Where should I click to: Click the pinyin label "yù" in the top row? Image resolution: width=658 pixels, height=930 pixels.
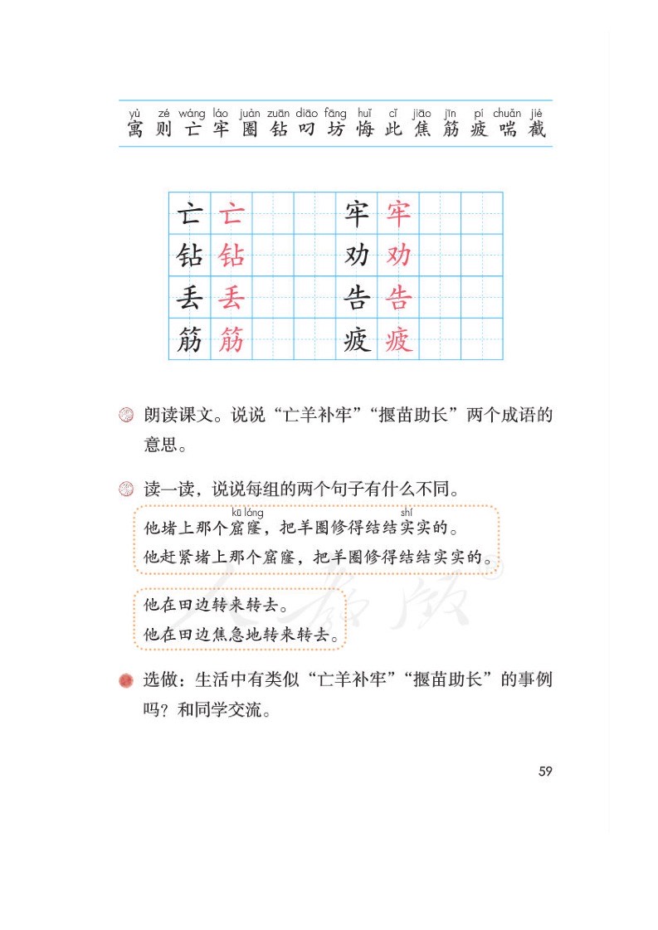pyautogui.click(x=134, y=114)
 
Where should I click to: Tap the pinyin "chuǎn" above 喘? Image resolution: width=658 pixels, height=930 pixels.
pyautogui.click(x=507, y=114)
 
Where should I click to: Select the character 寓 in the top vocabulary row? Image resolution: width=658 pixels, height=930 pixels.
pyautogui.click(x=134, y=130)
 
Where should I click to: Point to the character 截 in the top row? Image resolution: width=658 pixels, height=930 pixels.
pyautogui.click(x=537, y=130)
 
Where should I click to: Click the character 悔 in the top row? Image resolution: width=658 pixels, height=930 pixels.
pyautogui.click(x=364, y=130)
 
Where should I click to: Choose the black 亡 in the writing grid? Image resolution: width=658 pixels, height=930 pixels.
pyautogui.click(x=189, y=214)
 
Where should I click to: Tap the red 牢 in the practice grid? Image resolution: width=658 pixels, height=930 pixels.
pyautogui.click(x=398, y=214)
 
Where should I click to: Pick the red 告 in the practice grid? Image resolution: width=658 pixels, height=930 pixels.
pyautogui.click(x=398, y=298)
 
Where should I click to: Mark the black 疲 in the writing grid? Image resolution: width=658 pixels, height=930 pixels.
pyautogui.click(x=357, y=339)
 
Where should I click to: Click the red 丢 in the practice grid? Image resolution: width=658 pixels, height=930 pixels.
pyautogui.click(x=232, y=298)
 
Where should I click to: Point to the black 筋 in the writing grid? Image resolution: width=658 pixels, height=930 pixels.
pyautogui.click(x=189, y=339)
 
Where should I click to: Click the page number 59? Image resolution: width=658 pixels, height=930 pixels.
pyautogui.click(x=545, y=772)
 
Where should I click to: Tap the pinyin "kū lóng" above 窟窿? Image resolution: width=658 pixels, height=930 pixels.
pyautogui.click(x=247, y=513)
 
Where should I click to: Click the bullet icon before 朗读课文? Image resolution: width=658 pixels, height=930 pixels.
pyautogui.click(x=126, y=416)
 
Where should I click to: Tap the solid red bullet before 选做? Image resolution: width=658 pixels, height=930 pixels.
pyautogui.click(x=126, y=681)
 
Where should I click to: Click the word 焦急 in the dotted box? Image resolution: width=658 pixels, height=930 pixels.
pyautogui.click(x=224, y=635)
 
